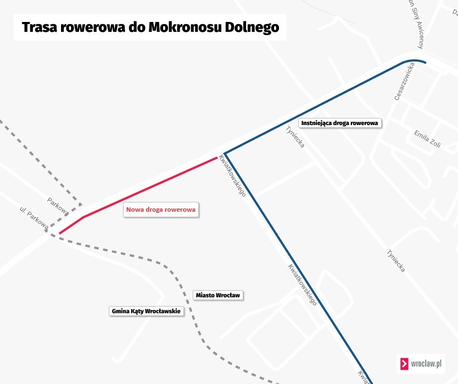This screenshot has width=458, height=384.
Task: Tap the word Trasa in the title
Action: tap(39, 27)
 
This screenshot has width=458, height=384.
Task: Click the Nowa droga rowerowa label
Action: tap(161, 210)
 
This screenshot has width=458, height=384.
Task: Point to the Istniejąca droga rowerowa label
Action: tap(340, 123)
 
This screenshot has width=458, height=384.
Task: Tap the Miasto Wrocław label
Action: tap(218, 295)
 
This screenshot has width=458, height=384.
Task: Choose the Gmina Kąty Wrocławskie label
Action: tap(146, 311)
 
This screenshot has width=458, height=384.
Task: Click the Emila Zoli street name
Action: tap(428, 139)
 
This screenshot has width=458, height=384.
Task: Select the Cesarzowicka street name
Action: tap(404, 81)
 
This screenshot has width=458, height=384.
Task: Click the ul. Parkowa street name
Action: tap(34, 218)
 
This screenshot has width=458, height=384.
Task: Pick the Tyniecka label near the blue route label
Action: tap(295, 137)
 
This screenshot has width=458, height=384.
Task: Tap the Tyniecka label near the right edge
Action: tap(396, 261)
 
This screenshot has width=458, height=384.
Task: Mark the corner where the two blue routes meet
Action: tap(225, 154)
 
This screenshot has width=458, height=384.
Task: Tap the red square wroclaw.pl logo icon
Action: tap(404, 364)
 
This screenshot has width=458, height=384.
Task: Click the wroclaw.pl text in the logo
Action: tap(426, 364)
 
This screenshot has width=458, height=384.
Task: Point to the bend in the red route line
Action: tap(84, 217)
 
